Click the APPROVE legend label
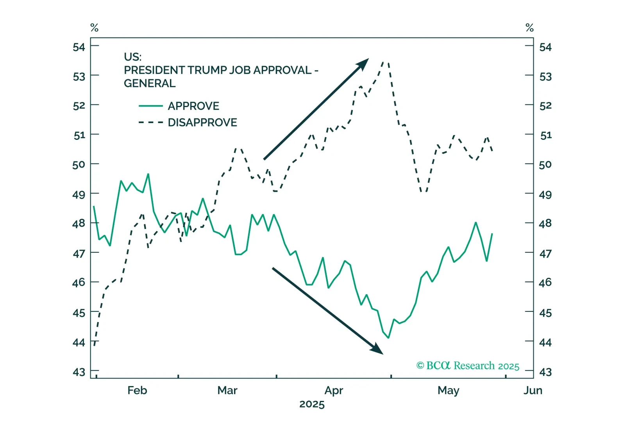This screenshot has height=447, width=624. (193, 106)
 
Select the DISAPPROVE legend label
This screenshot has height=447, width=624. (202, 123)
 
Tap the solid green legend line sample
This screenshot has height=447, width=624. (151, 106)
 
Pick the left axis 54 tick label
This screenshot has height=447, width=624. (79, 47)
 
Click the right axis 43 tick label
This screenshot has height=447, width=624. (545, 372)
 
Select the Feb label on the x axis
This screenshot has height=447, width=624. (137, 390)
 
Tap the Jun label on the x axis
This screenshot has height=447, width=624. (533, 390)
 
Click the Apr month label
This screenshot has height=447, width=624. (334, 390)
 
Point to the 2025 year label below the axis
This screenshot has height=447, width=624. (312, 404)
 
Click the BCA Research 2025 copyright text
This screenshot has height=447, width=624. (468, 366)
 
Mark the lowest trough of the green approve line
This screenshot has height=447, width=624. (388, 338)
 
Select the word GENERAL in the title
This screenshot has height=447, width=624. (150, 84)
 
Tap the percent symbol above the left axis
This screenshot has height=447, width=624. (94, 28)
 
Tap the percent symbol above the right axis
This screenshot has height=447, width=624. (529, 28)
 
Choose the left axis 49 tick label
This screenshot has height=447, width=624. (79, 195)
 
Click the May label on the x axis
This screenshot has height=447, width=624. (448, 390)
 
